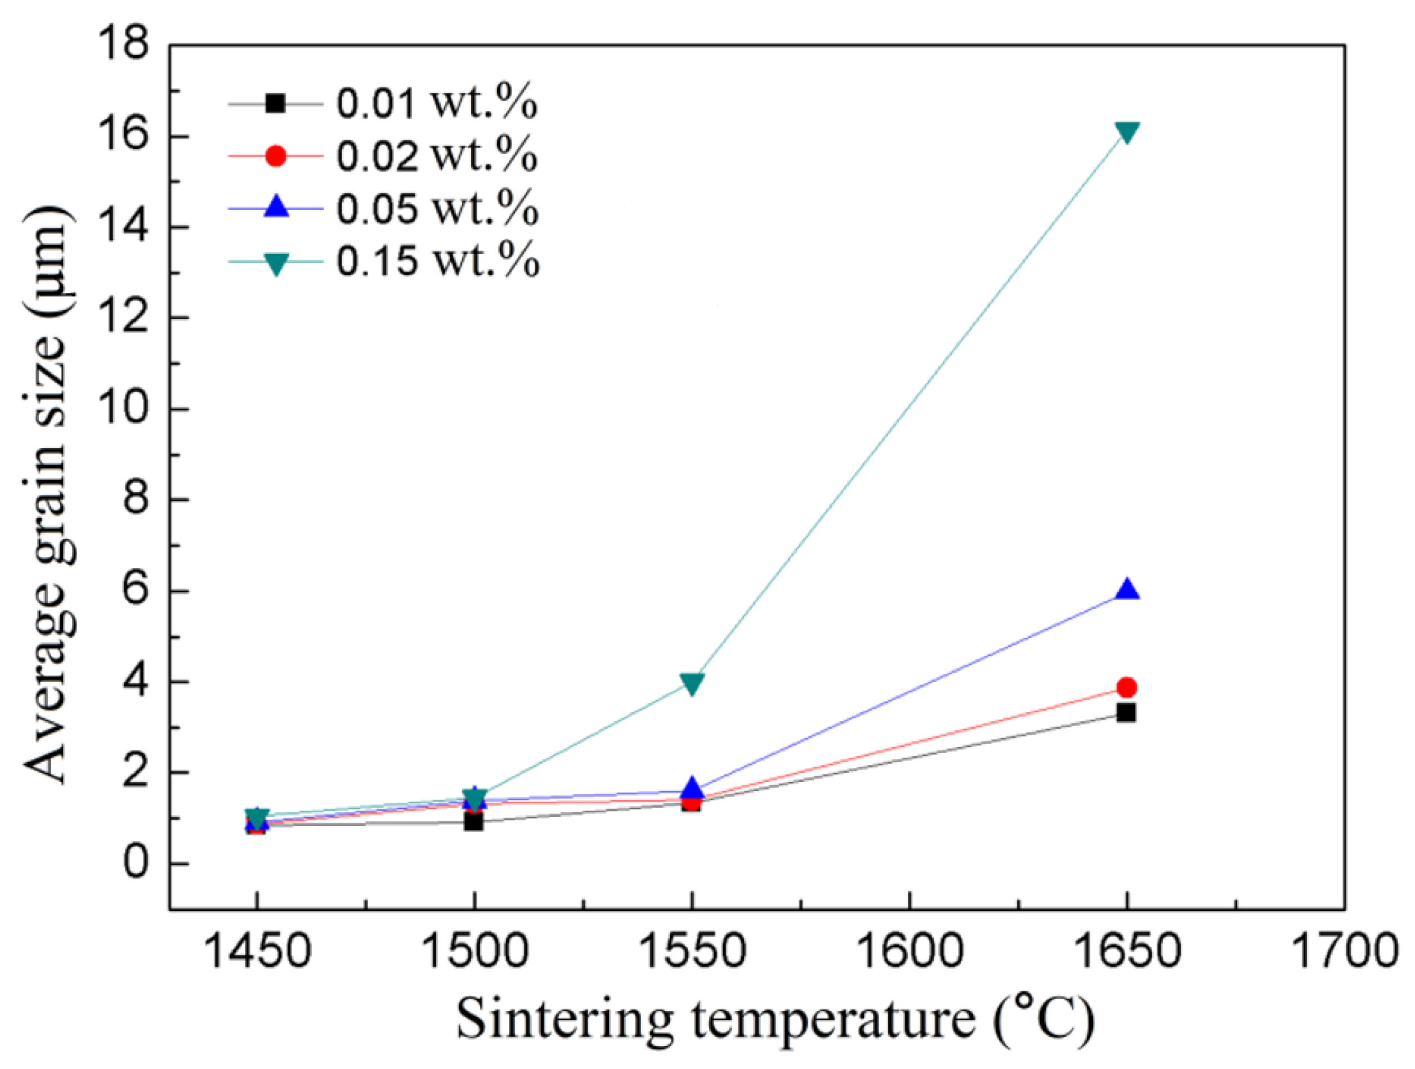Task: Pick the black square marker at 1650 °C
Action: point(1126,712)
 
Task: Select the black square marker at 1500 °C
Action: point(474,822)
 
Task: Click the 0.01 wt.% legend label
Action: point(437,103)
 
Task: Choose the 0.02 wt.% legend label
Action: point(437,155)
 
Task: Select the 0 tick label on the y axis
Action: point(135,863)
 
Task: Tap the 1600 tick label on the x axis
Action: point(909,951)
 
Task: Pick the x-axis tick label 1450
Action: point(257,951)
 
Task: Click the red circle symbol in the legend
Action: point(276,156)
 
